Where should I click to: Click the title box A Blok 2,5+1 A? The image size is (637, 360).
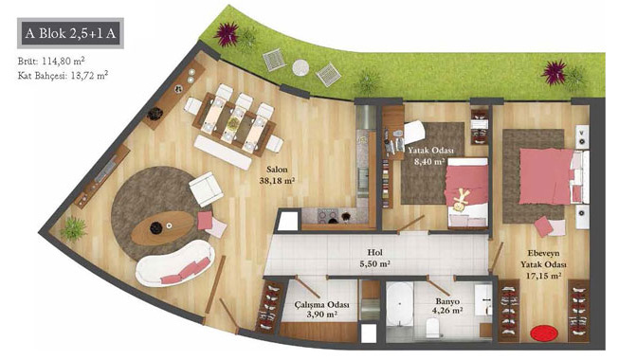point(70,33)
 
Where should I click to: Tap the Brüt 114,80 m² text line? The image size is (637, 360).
point(51,62)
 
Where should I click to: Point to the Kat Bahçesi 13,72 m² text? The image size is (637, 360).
point(63,75)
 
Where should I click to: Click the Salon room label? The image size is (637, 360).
point(277,170)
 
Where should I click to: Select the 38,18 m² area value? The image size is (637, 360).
point(277,181)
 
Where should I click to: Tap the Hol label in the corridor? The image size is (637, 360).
point(374,253)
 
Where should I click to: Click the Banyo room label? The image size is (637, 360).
point(447,301)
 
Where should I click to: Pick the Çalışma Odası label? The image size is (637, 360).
point(321,304)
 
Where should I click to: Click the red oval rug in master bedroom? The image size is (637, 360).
point(544,333)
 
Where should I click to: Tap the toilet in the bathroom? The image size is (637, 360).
point(432,327)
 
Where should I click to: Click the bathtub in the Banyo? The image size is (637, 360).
point(400,303)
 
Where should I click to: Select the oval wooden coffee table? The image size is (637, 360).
point(162,227)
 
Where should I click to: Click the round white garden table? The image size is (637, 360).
point(300,67)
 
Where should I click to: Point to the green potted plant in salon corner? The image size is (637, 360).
point(74,229)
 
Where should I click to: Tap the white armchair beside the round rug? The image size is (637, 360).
point(206,189)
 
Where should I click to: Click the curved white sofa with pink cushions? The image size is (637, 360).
point(175,264)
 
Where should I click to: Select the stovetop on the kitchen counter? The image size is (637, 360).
point(327,215)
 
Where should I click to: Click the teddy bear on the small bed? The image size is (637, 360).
point(461,200)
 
